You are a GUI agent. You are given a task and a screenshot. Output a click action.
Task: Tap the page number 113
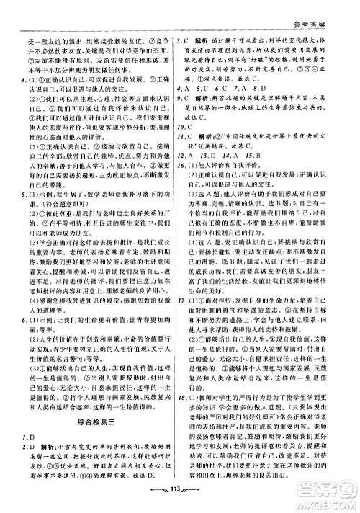coord(181,501)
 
